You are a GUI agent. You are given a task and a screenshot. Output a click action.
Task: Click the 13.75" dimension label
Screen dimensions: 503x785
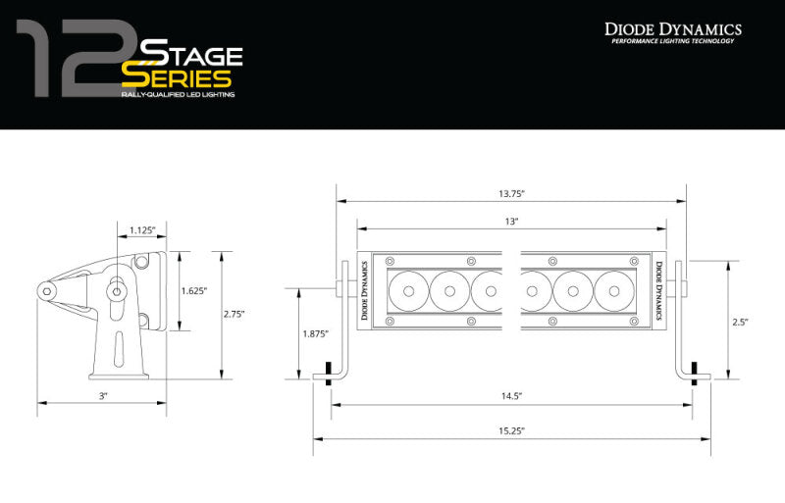tap(511, 193)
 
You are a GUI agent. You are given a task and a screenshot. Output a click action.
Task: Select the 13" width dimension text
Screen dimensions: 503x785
tap(511, 223)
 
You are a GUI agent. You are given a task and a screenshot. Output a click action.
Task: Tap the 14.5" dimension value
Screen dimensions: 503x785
tap(511, 395)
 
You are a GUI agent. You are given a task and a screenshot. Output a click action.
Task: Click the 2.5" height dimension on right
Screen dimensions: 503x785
tap(740, 321)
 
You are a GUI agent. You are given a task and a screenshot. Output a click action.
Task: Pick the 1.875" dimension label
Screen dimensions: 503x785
tap(315, 333)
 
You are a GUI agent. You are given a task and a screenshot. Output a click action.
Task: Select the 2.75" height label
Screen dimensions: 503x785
tap(235, 314)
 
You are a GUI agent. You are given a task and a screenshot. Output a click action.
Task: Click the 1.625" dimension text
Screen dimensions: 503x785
tap(194, 290)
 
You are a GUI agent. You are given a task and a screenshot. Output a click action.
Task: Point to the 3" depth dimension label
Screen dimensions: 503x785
tap(102, 395)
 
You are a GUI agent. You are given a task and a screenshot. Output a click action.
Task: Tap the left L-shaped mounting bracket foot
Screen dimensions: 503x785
tap(328, 375)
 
